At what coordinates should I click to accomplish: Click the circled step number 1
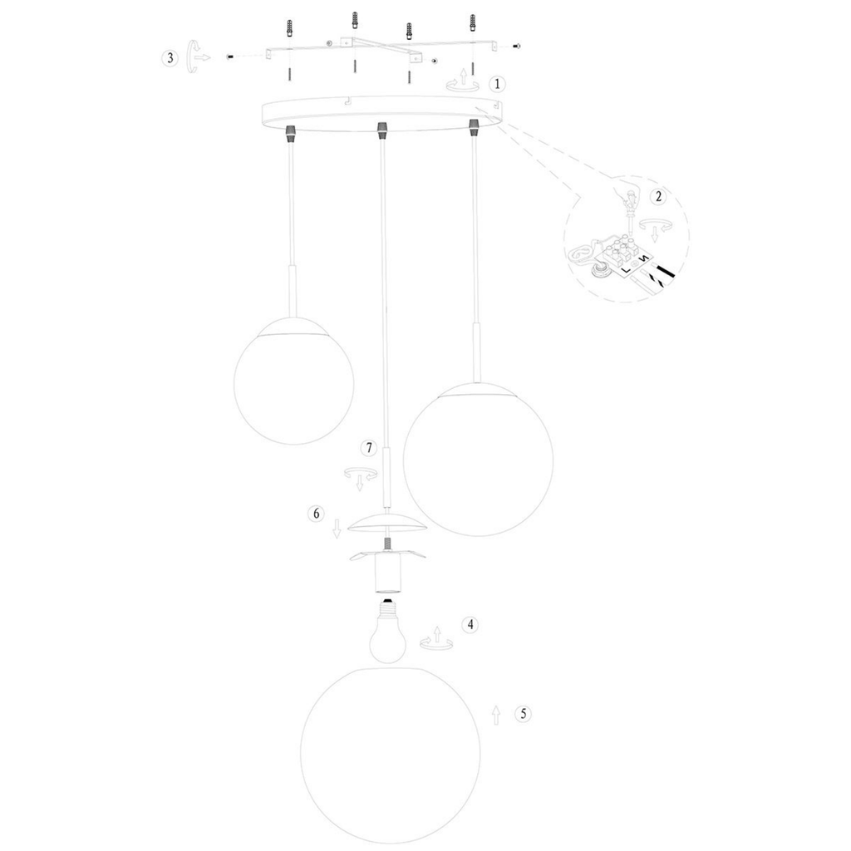click(497, 84)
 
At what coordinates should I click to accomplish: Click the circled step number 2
click(658, 196)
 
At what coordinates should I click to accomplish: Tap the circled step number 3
click(170, 58)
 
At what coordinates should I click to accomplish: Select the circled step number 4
click(470, 625)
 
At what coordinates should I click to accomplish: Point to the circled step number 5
click(523, 714)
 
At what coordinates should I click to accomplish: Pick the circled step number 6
click(316, 513)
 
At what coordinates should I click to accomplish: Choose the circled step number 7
click(369, 448)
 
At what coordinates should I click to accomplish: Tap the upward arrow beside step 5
click(495, 716)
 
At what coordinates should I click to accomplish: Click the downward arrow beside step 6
click(337, 529)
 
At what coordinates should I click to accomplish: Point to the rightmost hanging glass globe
click(478, 459)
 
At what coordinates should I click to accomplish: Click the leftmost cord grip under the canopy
click(292, 130)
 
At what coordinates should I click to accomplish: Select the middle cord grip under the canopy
click(383, 129)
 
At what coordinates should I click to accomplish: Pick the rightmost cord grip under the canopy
click(475, 127)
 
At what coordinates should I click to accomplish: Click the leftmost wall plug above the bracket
click(291, 29)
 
